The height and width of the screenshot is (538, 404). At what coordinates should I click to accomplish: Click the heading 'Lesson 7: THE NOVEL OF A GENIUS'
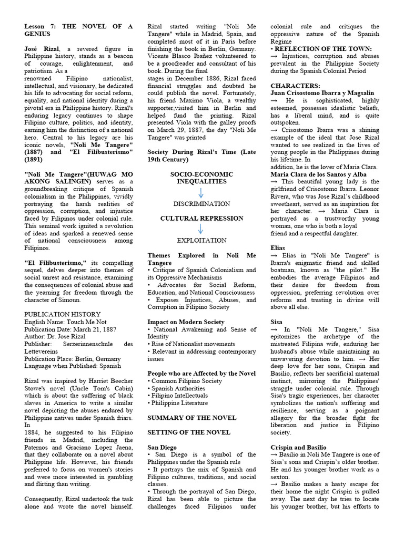click(78, 30)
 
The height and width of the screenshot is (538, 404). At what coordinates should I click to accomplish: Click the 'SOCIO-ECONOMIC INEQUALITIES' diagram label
click(202, 177)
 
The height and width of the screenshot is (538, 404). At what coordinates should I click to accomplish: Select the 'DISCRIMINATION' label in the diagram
click(202, 203)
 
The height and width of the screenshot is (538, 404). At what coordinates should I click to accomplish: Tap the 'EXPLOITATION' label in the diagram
click(202, 240)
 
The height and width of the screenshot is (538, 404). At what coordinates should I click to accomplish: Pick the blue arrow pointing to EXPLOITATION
click(202, 229)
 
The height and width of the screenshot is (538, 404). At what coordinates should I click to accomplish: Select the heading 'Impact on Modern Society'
click(186, 322)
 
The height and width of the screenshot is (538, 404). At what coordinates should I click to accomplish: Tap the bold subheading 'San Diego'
click(163, 447)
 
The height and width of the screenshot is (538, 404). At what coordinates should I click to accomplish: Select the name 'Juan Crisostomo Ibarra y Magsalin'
click(323, 93)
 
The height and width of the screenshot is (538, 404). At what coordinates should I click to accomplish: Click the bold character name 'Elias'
click(279, 247)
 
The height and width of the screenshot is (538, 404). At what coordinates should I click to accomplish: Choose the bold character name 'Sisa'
click(277, 322)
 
